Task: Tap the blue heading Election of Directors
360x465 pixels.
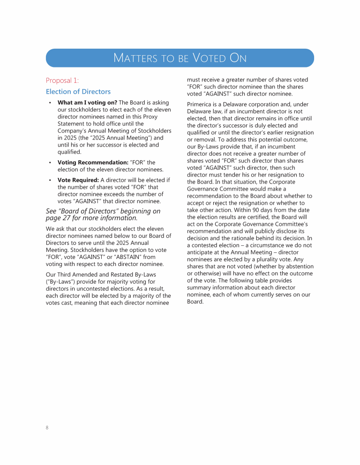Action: tap(78, 91)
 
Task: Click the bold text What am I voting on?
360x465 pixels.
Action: tap(87, 103)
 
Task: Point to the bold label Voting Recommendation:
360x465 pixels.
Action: tap(93, 162)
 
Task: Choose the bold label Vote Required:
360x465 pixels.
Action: tap(78, 180)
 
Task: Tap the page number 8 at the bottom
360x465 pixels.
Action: tap(47, 427)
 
